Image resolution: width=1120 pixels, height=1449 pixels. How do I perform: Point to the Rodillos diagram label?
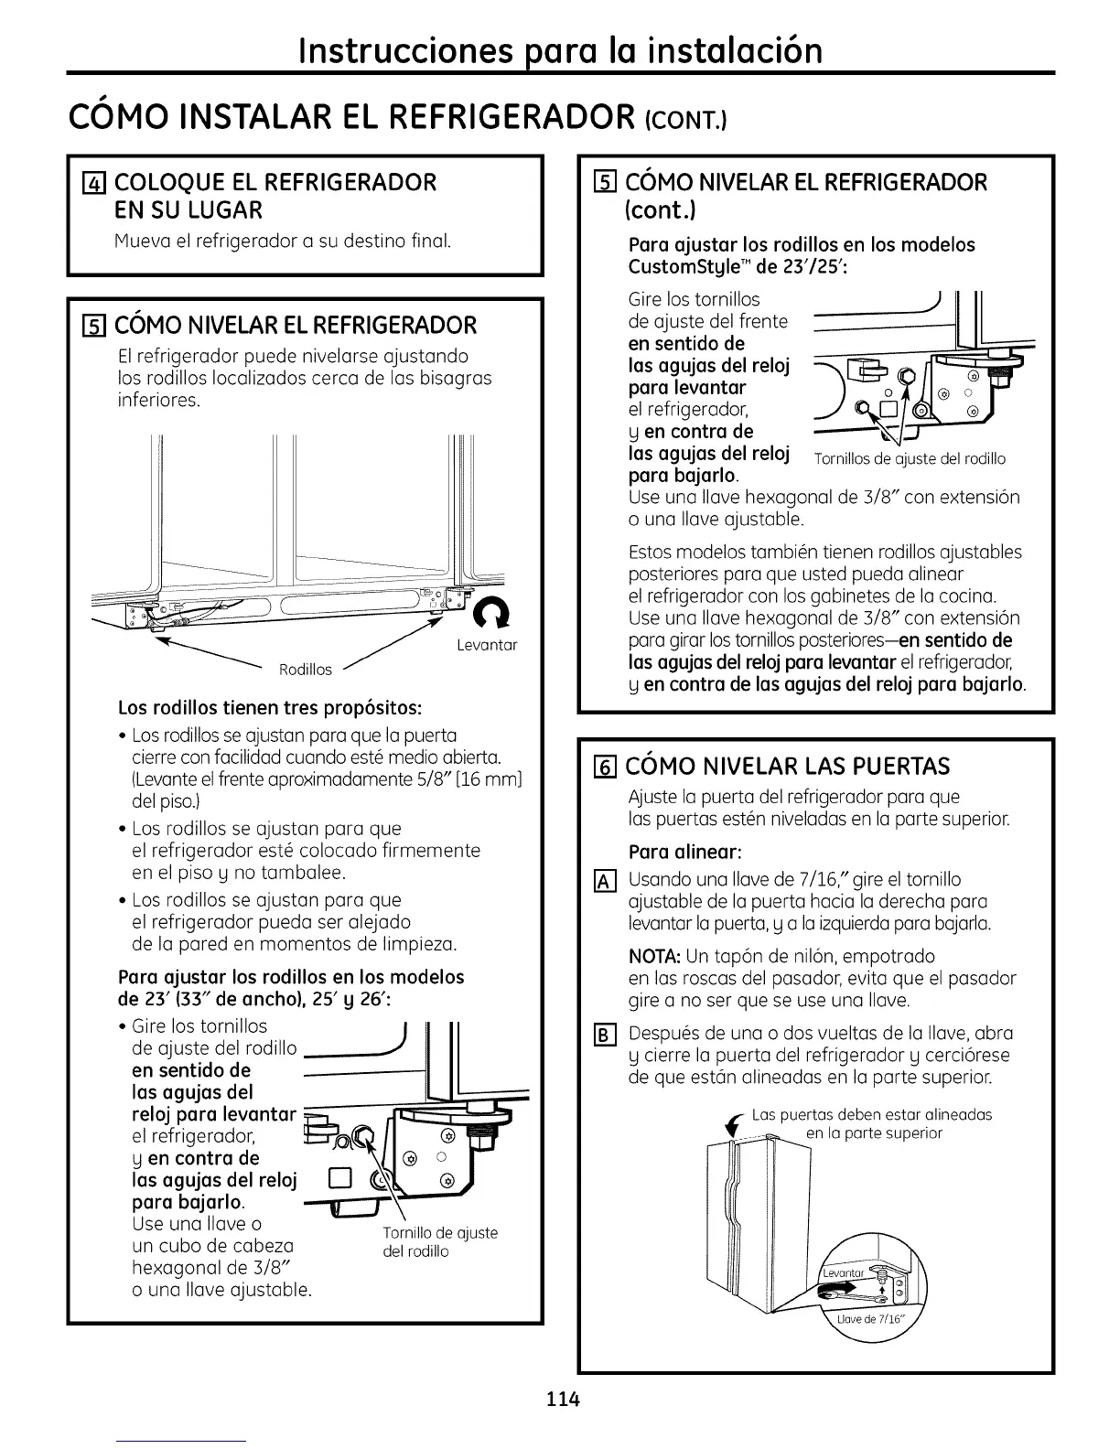click(x=305, y=670)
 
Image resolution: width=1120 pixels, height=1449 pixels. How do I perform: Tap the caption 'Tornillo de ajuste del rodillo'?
click(x=441, y=1241)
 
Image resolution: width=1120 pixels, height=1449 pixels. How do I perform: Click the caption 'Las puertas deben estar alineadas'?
click(x=871, y=1114)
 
